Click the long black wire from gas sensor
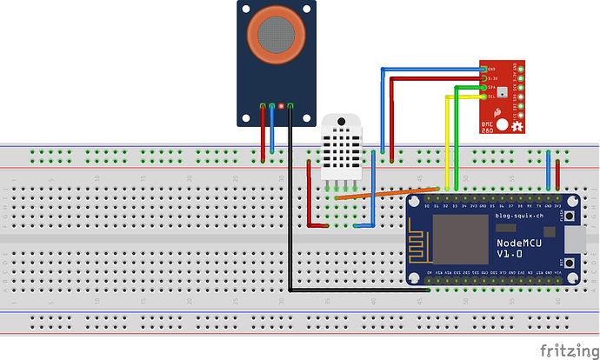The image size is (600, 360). (x=291, y=217)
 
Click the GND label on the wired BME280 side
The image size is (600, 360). (x=492, y=69)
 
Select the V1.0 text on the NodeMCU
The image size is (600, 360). (x=510, y=254)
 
